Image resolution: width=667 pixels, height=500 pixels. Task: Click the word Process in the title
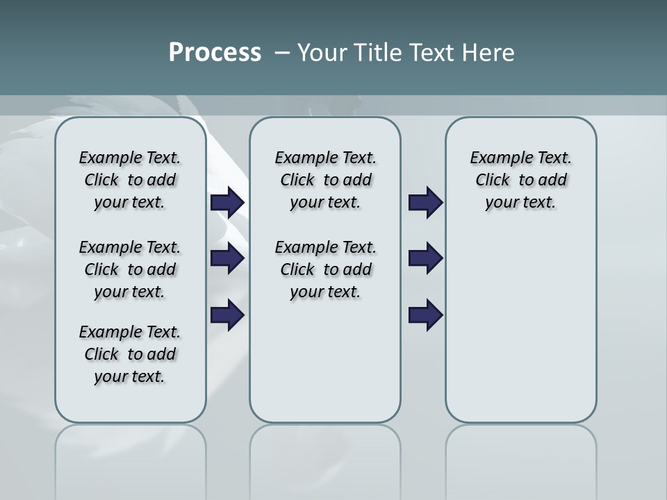214,53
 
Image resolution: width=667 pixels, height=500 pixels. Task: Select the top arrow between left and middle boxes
227,203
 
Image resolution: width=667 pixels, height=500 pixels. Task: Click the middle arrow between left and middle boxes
227,258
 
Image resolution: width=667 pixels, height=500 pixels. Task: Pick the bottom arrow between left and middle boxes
227,315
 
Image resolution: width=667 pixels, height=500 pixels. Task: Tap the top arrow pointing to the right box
425,203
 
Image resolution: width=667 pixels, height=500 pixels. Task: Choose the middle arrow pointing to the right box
425,258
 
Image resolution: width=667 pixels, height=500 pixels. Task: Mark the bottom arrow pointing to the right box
425,315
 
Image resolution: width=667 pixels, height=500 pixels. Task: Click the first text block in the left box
130,180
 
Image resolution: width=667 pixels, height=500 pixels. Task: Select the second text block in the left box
130,269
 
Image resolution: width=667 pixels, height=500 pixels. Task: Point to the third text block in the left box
130,354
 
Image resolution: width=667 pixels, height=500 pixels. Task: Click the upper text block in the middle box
325,180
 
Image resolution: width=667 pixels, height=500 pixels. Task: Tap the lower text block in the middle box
325,269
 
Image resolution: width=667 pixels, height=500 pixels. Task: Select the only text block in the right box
520,180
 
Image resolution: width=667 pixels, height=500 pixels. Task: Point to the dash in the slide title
282,53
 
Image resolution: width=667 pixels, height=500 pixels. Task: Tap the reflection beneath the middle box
325,451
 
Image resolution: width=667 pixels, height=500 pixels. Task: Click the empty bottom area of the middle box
325,368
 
